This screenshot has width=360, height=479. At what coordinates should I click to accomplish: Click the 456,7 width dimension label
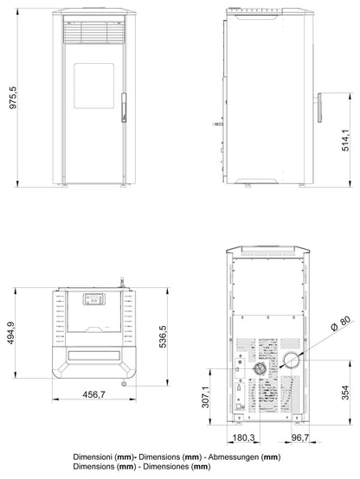[x=87, y=394]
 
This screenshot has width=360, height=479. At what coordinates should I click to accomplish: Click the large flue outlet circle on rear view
[x=292, y=361]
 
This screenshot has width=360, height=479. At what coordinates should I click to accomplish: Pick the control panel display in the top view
[x=92, y=299]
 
